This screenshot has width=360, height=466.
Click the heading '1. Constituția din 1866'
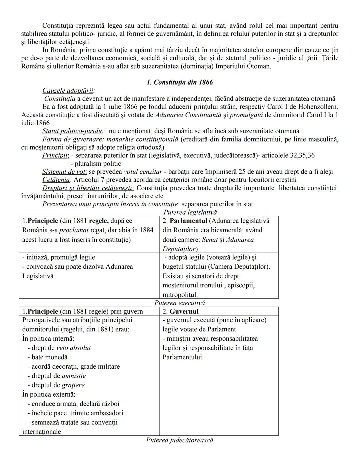coord(180,82)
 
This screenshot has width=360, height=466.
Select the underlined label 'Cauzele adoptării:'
coord(68,91)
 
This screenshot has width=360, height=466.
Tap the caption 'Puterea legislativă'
coord(190,212)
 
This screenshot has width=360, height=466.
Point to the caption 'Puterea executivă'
coord(179,303)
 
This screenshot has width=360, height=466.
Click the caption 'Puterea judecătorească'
coord(179,440)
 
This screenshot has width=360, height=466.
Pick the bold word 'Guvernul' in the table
coord(184,311)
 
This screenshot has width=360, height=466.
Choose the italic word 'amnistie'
coord(74,376)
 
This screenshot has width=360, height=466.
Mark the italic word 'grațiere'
coord(73,385)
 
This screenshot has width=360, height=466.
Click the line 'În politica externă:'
coord(49,394)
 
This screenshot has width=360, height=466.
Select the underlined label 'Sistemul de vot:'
coord(65,172)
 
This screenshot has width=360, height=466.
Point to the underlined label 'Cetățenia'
coord(56,180)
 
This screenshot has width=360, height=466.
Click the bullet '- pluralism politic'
coord(96,164)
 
